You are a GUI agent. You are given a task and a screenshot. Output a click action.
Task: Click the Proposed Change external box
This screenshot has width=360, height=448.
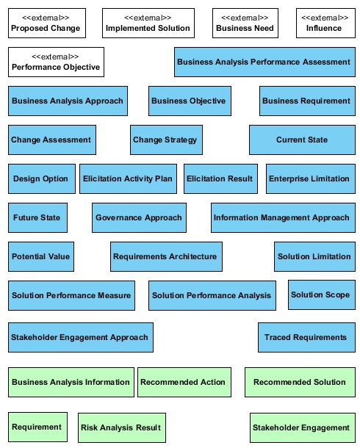tap(47, 24)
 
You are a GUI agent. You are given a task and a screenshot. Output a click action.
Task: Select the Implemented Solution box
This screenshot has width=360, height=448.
tap(148, 24)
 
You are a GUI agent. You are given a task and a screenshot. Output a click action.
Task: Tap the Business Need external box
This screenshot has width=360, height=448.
tap(245, 24)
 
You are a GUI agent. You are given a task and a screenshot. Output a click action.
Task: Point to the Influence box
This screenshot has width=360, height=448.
tap(325, 24)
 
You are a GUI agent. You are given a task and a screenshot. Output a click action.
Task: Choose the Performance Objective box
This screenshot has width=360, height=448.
tap(56, 62)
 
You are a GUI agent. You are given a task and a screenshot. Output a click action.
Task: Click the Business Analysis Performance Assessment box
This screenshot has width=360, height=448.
tap(264, 62)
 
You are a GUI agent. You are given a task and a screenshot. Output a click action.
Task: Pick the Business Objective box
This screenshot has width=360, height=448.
tap(190, 101)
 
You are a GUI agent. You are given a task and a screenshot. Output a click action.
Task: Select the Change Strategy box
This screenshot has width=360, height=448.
tap(166, 140)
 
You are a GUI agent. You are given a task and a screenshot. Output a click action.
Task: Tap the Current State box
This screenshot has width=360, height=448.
tap(302, 140)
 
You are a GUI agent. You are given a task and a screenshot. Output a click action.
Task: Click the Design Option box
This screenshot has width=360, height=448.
tap(42, 178)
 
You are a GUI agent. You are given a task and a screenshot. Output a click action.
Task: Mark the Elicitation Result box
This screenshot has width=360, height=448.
tap(220, 178)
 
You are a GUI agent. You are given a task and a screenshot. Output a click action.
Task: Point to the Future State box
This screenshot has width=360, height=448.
tap(37, 217)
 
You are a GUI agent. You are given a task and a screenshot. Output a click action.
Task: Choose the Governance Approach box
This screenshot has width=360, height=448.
tap(139, 217)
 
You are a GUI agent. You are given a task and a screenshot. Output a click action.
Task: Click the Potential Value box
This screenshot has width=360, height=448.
tap(41, 256)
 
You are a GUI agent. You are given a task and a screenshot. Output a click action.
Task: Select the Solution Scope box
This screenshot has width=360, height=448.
tap(322, 295)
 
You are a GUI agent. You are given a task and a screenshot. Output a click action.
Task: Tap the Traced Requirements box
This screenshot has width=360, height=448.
tap(306, 337)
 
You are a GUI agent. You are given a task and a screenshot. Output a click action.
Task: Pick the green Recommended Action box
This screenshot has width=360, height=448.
tap(184, 383)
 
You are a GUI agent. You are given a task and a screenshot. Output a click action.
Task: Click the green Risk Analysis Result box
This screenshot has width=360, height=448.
tap(122, 427)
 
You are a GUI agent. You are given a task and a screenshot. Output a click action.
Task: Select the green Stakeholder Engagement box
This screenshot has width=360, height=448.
tap(303, 427)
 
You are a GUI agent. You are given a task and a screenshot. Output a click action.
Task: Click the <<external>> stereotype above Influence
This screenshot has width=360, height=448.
tap(325, 18)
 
